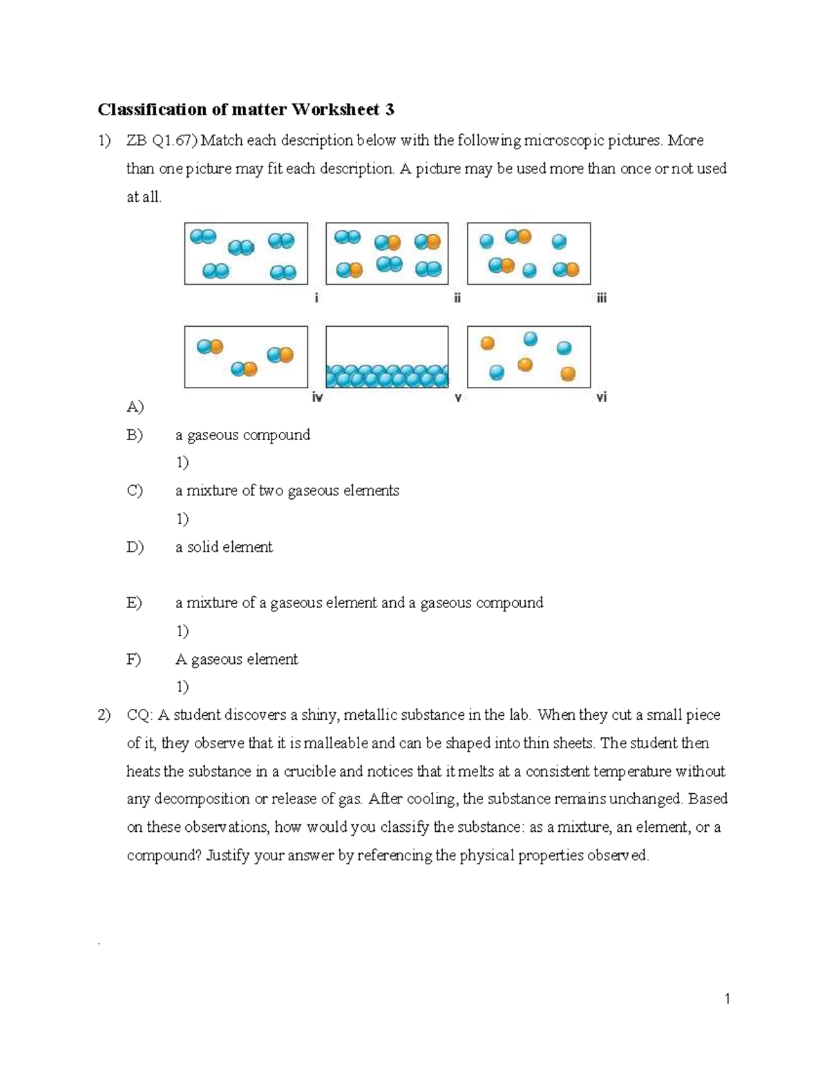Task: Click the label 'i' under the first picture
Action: click(316, 298)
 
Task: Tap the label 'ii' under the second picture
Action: click(457, 298)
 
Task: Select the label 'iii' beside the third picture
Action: click(601, 298)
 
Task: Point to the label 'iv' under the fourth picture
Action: click(317, 397)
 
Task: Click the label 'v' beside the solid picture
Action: click(457, 398)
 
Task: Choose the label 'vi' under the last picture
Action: click(601, 397)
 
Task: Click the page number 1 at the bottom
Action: click(727, 998)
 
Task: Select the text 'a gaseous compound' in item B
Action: click(242, 435)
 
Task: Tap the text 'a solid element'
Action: click(224, 547)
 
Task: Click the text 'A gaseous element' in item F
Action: click(236, 659)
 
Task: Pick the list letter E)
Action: click(134, 602)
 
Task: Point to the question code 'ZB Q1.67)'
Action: click(162, 140)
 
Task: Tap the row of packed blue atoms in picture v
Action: click(387, 377)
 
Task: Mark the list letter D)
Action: click(135, 547)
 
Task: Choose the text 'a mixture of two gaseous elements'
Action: click(287, 491)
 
